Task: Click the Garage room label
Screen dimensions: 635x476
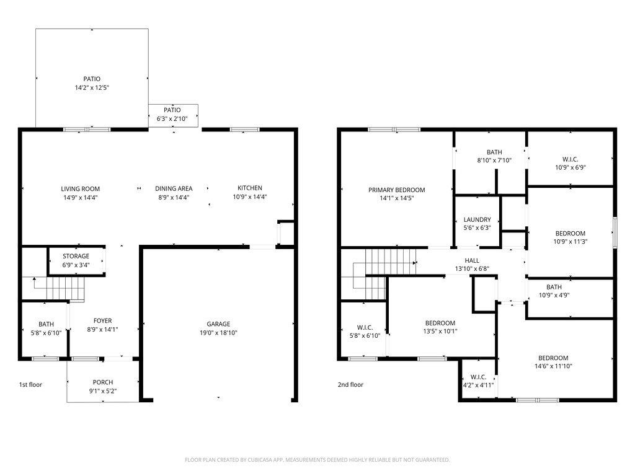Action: (x=218, y=324)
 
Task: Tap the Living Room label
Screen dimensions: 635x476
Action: (x=80, y=188)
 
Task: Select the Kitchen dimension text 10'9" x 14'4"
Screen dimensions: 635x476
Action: (x=249, y=196)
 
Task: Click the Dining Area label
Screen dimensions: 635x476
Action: (x=174, y=188)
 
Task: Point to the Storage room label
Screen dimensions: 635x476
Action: (x=76, y=256)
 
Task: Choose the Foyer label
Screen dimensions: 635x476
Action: (x=102, y=320)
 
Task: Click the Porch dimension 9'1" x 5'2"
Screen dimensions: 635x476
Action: (x=103, y=391)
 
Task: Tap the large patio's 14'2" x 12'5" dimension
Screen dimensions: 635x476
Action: (x=92, y=87)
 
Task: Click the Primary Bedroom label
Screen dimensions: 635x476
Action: (x=396, y=190)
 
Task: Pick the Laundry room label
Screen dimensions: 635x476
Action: (x=477, y=219)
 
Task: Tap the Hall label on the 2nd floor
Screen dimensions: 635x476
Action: (x=472, y=261)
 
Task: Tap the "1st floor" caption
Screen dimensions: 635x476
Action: (x=30, y=384)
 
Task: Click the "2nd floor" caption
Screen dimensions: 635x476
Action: (x=350, y=384)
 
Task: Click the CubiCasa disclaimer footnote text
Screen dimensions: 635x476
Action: (x=317, y=460)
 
